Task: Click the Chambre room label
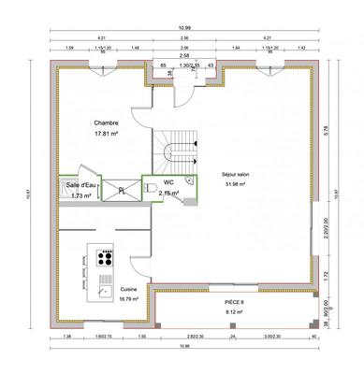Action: pyautogui.click(x=105, y=123)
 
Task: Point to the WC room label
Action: pyautogui.click(x=168, y=183)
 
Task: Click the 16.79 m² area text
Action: pyautogui.click(x=129, y=299)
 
